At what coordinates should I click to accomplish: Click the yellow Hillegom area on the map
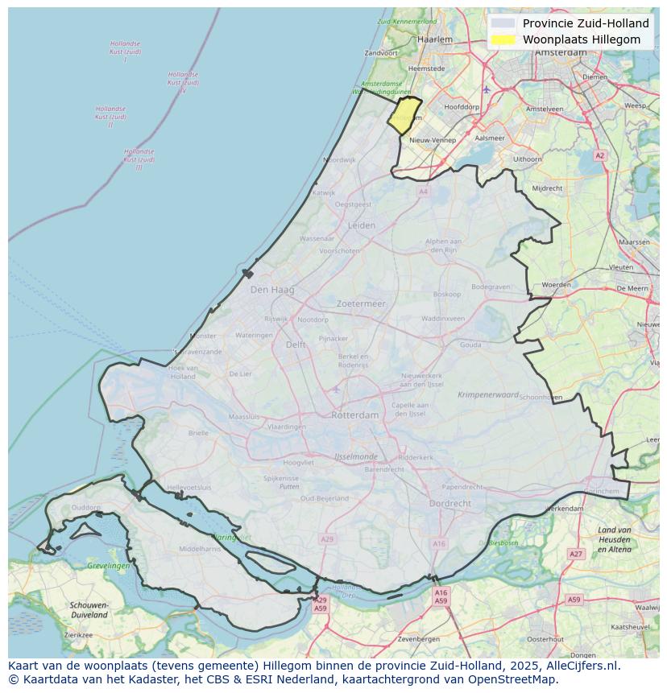(x=405, y=115)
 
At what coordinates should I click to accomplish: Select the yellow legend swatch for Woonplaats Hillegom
(x=503, y=39)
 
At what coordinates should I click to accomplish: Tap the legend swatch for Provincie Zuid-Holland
(x=503, y=23)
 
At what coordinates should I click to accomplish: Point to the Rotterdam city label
(x=354, y=415)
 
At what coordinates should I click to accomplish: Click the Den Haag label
(x=272, y=290)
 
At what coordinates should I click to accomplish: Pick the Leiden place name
(x=361, y=226)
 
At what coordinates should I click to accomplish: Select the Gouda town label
(x=470, y=344)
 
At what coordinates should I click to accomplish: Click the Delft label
(x=296, y=344)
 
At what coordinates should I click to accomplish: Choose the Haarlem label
(x=435, y=39)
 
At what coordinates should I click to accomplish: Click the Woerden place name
(x=556, y=285)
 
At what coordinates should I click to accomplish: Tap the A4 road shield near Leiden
(x=423, y=192)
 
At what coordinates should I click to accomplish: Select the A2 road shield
(x=599, y=155)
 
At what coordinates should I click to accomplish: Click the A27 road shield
(x=575, y=554)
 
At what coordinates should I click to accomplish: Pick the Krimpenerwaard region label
(x=489, y=395)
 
